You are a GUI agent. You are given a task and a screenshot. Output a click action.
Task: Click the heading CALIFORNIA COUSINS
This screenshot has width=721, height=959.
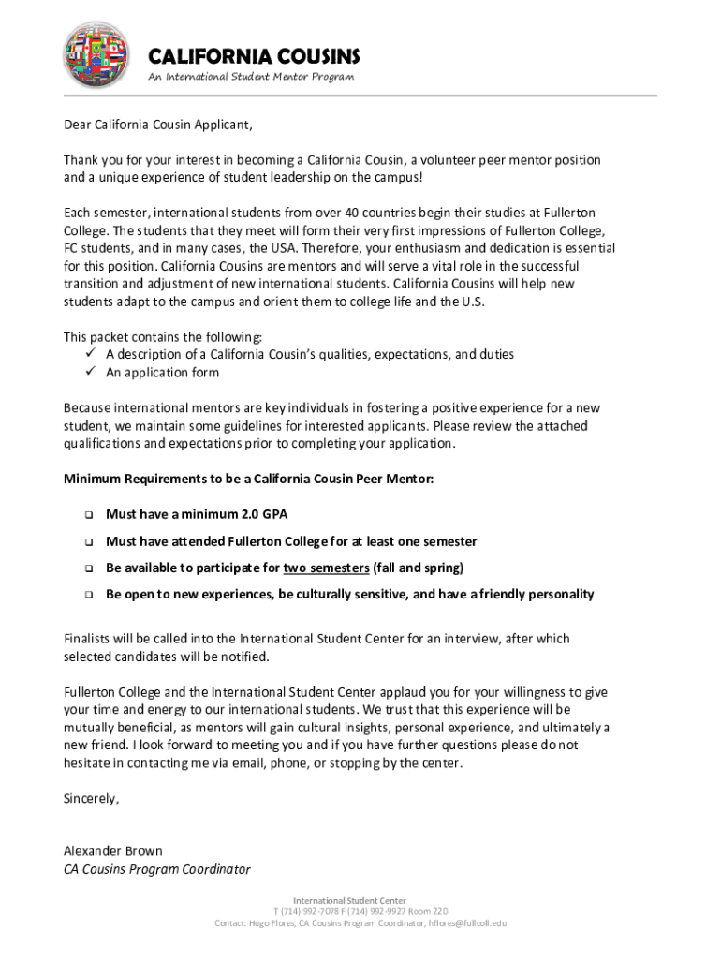254,56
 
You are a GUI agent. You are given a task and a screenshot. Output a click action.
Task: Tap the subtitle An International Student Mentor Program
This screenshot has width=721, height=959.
251,77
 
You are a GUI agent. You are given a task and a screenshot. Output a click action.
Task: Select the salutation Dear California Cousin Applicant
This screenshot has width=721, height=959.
158,125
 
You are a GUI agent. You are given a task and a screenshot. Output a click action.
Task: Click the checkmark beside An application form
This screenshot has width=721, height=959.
92,372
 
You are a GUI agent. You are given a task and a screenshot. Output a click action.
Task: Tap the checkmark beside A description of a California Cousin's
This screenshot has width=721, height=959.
92,354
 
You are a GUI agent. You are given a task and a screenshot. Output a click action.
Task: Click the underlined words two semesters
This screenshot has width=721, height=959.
326,568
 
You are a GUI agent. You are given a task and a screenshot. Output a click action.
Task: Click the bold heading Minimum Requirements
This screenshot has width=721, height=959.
248,479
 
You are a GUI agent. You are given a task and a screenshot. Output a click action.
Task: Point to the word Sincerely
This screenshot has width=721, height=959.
91,799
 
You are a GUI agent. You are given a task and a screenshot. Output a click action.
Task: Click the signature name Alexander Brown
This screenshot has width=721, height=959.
112,851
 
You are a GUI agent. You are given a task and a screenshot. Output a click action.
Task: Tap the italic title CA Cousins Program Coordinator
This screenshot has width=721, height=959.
156,869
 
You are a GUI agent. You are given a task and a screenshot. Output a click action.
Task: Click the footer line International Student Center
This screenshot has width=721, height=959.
360,900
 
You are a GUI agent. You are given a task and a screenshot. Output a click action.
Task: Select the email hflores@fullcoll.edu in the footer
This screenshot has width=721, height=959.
467,922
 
